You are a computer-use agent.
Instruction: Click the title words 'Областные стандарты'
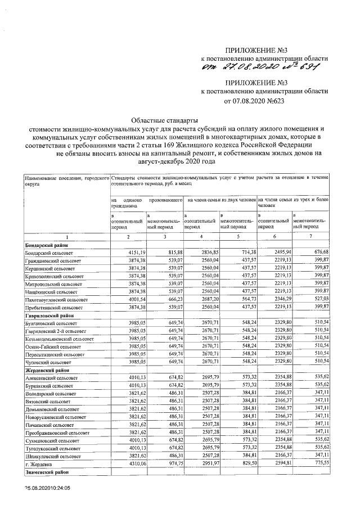coord(165,120)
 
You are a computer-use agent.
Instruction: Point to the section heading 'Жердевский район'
coord(46,388)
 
